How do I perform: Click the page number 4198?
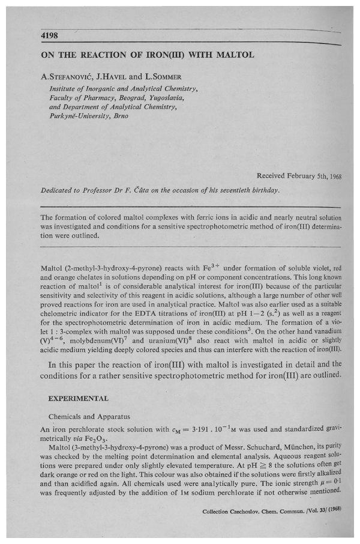pos(49,36)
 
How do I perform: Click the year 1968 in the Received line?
pos(331,176)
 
